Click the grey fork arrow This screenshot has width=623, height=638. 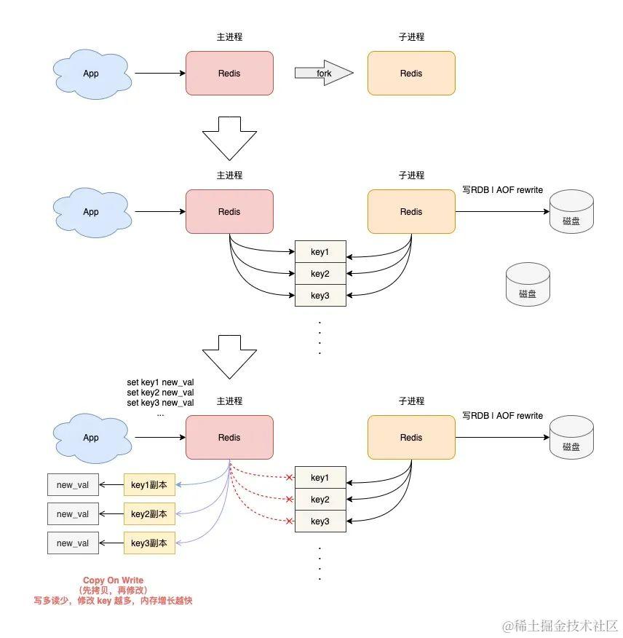[324, 73]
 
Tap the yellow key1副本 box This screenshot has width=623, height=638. [149, 484]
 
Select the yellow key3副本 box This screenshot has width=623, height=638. [149, 543]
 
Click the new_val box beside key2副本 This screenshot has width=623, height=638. [73, 514]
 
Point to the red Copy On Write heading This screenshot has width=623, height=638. [113, 580]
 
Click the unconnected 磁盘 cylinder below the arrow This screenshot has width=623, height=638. [528, 285]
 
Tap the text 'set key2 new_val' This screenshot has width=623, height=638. [160, 393]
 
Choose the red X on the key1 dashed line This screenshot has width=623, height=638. [289, 477]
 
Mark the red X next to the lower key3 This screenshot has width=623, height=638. [289, 521]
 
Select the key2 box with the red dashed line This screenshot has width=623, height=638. [320, 499]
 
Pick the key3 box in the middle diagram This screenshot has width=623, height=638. [320, 296]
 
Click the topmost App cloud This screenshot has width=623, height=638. [92, 74]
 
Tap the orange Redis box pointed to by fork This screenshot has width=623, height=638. [411, 74]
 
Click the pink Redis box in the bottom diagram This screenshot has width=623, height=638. [229, 438]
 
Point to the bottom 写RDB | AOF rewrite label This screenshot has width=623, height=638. [502, 415]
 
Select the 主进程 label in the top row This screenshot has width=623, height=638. [229, 37]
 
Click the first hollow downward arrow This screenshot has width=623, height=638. [229, 138]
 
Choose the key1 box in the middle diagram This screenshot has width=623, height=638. [320, 251]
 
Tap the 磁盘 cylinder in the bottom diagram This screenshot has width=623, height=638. [571, 438]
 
